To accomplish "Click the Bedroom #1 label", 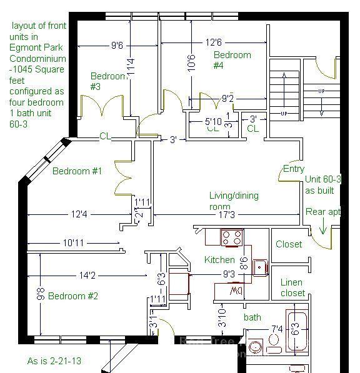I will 77,171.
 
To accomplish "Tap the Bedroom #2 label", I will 73,296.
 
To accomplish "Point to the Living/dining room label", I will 233,201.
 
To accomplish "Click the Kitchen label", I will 219,260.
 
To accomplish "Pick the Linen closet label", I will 292,288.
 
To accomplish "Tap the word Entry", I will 294,169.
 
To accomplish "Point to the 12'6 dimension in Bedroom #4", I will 213,43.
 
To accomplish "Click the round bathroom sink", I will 255,347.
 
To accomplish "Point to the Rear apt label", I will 322,212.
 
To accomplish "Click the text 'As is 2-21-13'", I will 54,361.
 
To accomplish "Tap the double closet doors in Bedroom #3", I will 100,108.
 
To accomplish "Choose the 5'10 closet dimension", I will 212,121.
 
